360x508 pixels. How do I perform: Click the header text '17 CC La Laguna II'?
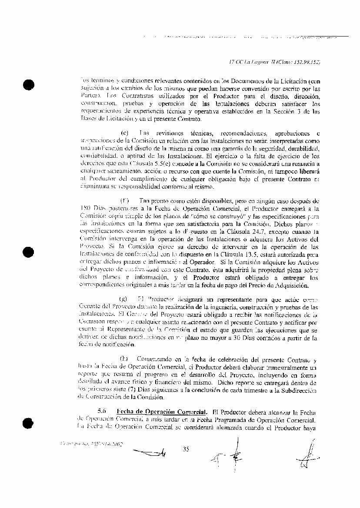(251, 62)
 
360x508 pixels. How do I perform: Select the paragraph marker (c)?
(124, 132)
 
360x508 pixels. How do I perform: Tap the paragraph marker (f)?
(124, 201)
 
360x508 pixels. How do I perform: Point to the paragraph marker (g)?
(123, 299)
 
